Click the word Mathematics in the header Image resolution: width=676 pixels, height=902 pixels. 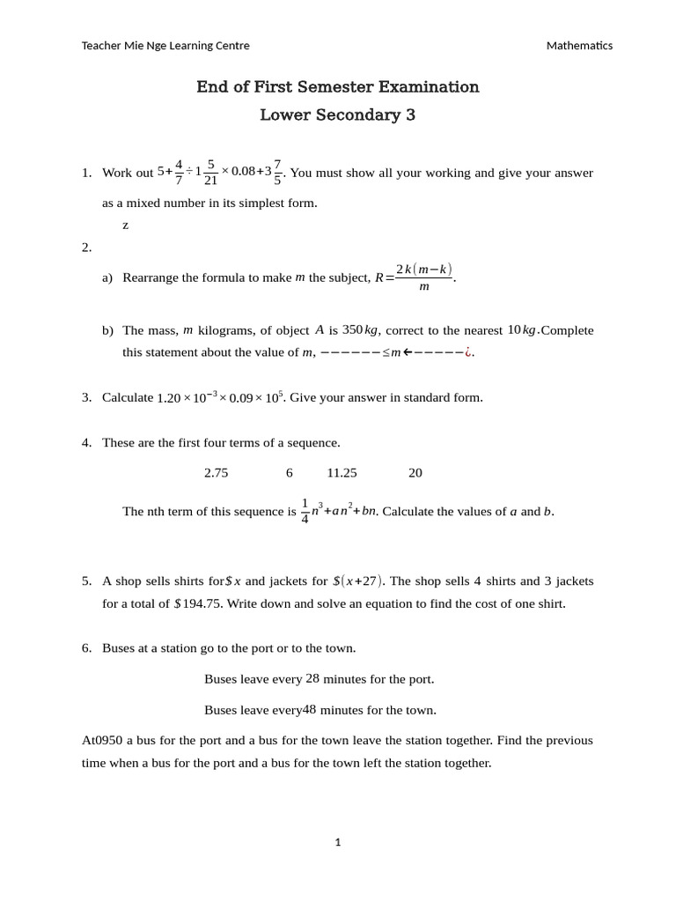pos(579,46)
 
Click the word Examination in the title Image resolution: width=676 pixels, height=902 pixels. pos(429,86)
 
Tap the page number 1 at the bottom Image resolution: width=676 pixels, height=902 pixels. pos(338,842)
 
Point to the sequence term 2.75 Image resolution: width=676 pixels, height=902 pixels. pos(216,473)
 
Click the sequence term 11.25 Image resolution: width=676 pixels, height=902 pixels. pos(342,473)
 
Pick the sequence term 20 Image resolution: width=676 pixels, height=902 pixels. pos(415,473)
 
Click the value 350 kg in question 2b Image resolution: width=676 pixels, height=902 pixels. pos(360,330)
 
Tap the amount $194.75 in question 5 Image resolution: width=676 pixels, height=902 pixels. pos(200,603)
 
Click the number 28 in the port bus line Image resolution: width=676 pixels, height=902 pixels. pos(312,679)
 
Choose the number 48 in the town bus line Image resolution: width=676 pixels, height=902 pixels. pos(309,709)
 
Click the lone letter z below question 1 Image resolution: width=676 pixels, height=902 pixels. pos(126,225)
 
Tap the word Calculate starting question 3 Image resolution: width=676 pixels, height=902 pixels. pos(128,397)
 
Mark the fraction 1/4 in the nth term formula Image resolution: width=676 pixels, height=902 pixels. pos(305,511)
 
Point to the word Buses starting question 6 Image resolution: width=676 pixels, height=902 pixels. pos(119,648)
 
